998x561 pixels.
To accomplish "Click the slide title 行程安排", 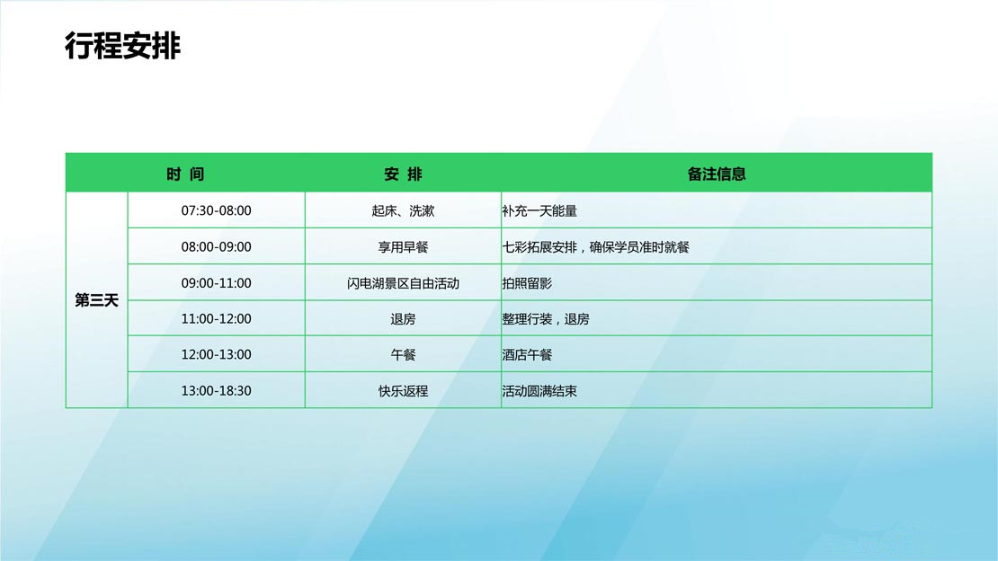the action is click(123, 46).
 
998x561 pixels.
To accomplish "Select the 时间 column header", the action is click(185, 174).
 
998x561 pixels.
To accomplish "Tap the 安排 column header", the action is click(403, 174).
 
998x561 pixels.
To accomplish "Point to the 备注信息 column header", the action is click(717, 174).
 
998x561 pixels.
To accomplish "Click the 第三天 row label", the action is click(97, 300).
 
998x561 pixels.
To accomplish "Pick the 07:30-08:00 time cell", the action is click(217, 210).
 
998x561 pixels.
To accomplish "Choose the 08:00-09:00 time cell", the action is click(217, 247).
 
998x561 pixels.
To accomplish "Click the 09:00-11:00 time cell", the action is click(217, 283).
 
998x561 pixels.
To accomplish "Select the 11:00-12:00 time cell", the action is click(217, 319).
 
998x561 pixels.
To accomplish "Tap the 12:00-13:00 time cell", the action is click(217, 355).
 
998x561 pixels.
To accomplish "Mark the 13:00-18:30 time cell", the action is click(217, 391).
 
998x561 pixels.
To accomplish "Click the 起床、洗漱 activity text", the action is click(403, 210).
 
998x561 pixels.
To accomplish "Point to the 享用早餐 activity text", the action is click(403, 247).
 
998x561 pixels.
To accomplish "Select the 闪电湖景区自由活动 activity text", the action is click(403, 283).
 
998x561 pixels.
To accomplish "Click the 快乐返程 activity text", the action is click(403, 391).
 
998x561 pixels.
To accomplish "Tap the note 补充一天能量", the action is click(539, 210).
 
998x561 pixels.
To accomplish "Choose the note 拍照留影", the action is click(527, 283).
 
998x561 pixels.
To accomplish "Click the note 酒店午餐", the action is click(527, 355).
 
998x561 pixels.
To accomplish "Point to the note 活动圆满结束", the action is click(539, 391).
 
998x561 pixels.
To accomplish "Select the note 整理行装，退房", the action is click(546, 319).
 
